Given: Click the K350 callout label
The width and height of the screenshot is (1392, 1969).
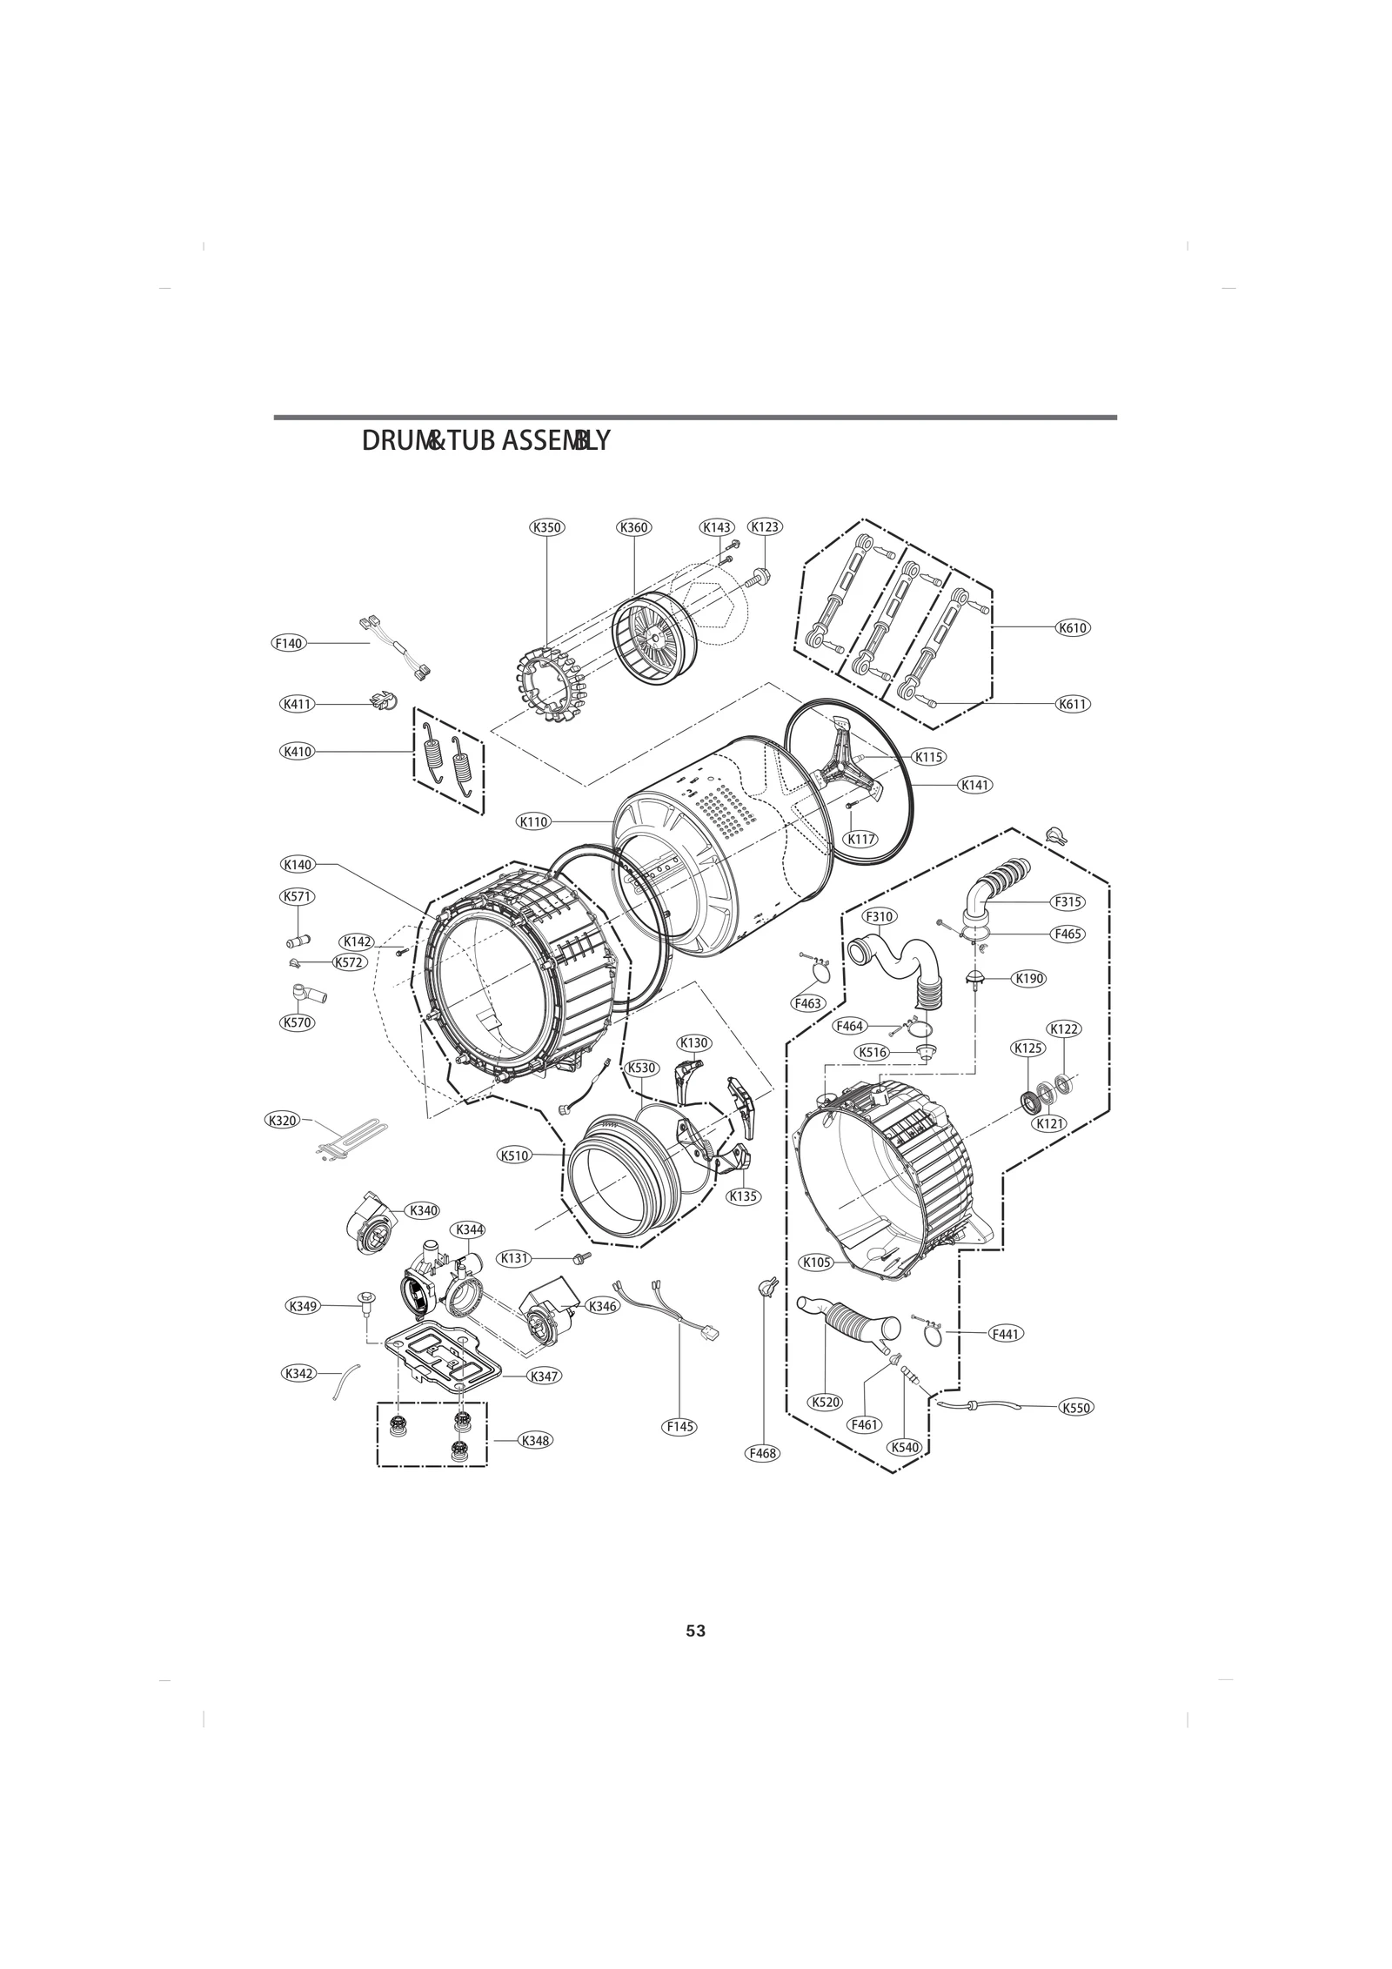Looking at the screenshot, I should point(546,526).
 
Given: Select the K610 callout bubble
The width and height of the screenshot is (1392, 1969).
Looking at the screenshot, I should point(1073,627).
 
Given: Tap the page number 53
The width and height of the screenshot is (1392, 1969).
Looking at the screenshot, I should point(695,1631).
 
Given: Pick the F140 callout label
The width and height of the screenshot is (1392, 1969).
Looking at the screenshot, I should point(288,643).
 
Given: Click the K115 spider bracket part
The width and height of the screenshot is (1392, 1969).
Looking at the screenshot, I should point(848,754).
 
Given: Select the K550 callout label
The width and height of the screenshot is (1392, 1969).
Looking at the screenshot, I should point(1076,1408).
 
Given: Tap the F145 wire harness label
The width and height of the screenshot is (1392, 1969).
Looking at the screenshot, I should point(679,1427).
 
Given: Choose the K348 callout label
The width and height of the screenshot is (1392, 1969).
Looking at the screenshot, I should point(535,1440).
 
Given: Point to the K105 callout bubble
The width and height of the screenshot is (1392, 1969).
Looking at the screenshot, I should point(816,1262).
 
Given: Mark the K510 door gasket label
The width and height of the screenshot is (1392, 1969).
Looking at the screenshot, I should point(514,1155).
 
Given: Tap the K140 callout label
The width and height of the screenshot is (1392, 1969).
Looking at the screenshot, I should point(298,864).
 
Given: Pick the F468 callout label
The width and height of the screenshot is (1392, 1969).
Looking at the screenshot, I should point(763,1453).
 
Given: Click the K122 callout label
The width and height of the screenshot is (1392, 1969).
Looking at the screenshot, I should point(1064,1029).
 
